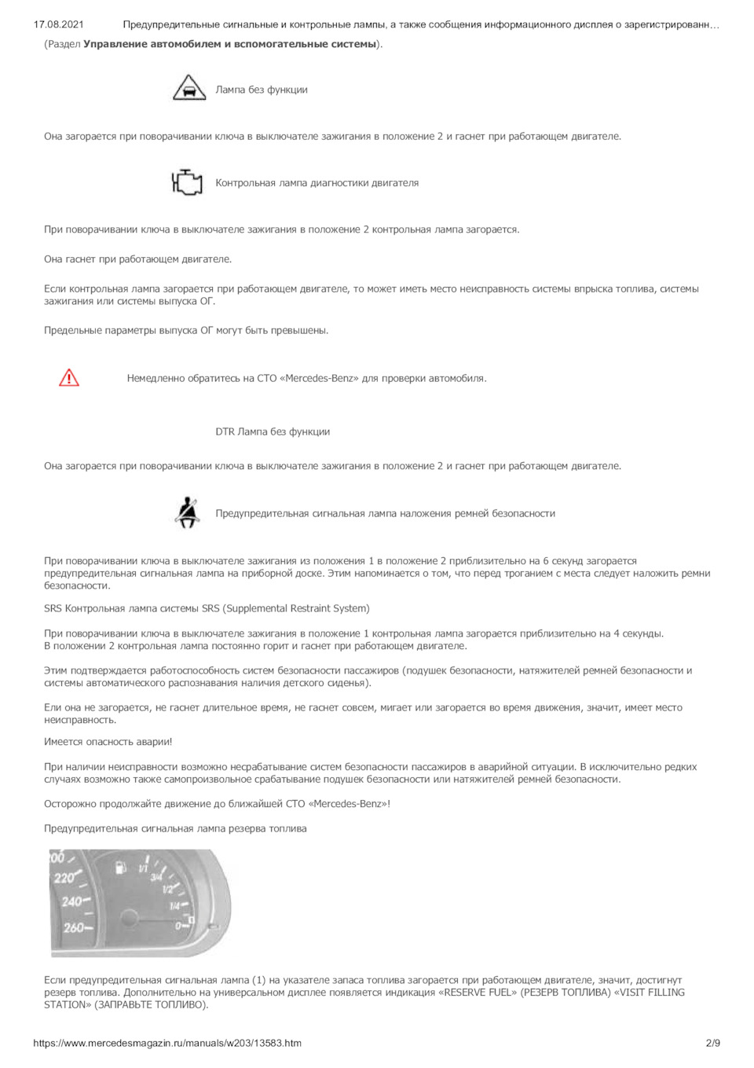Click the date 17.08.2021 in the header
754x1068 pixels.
pos(59,25)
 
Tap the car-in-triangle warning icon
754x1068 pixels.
pos(188,88)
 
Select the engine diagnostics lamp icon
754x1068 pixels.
pos(187,182)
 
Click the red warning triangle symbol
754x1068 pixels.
pos(69,378)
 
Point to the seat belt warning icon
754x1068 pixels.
pos(187,512)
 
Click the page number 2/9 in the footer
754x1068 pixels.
pos(712,1043)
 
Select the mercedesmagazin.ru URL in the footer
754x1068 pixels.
pos(167,1043)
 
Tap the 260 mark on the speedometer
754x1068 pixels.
pos(75,928)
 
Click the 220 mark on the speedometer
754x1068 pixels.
pos(64,878)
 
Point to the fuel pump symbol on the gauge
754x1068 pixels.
pos(121,868)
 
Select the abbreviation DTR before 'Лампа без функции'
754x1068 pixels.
pos(225,431)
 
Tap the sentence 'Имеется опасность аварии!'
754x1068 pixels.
pos(108,742)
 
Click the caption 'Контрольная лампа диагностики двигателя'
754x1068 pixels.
pos(317,183)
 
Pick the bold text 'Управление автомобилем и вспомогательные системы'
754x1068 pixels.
pos(229,44)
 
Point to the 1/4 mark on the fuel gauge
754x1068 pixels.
pos(174,906)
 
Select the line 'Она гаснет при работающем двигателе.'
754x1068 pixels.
pos(137,259)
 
